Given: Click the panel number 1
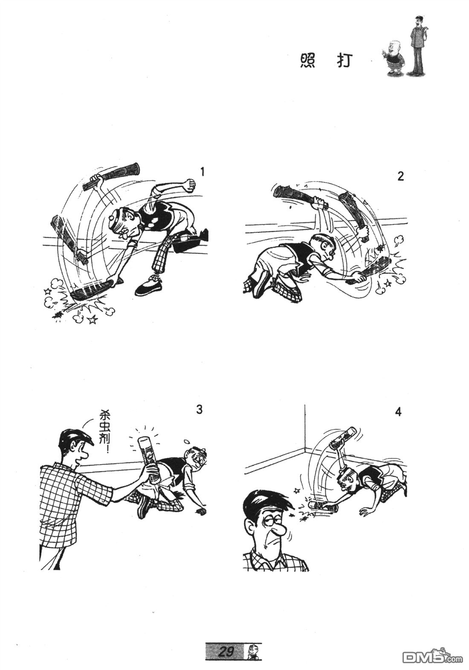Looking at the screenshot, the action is (203, 172).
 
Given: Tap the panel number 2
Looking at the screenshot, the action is (400, 176).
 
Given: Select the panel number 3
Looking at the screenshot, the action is (199, 409).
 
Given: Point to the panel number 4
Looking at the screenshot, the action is (398, 412).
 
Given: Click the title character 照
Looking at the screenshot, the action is (307, 61).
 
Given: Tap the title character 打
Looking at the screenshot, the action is (343, 61).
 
